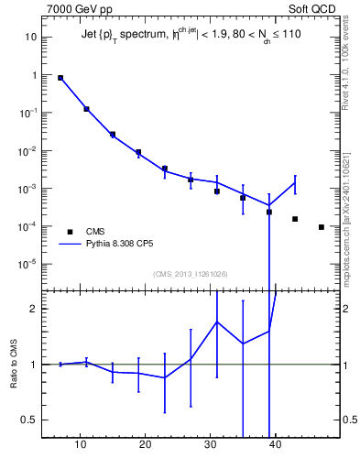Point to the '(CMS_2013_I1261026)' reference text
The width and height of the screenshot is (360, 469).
click(191, 273)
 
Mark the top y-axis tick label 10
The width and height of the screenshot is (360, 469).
click(30, 38)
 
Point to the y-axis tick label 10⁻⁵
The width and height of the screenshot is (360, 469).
click(27, 264)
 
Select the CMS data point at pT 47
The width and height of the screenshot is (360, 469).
click(322, 227)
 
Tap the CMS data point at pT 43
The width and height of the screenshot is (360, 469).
click(295, 219)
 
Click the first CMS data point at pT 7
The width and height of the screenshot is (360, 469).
click(60, 78)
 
